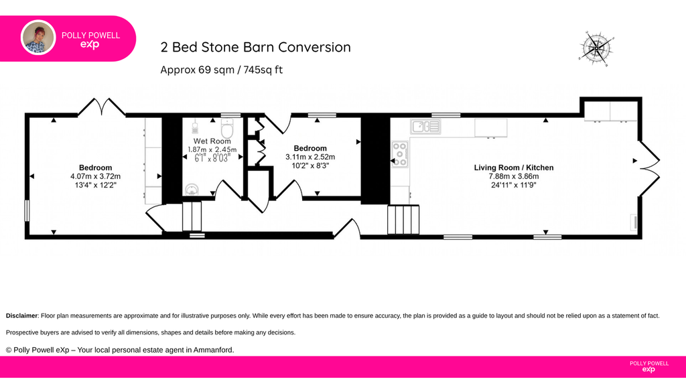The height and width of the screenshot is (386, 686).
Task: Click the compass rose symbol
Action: click(596, 48)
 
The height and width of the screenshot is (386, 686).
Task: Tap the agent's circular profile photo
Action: click(38, 38)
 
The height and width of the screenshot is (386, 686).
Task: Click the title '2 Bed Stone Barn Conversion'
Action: click(255, 48)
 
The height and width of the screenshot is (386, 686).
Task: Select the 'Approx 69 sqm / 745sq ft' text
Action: click(221, 70)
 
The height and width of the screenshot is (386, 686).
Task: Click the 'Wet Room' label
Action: click(212, 141)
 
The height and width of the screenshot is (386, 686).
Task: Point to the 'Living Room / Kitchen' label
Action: click(514, 168)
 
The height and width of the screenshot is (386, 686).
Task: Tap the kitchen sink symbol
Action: click(425, 127)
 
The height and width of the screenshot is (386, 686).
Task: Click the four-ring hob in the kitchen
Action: click(399, 154)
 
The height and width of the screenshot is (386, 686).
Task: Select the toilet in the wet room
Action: click(227, 128)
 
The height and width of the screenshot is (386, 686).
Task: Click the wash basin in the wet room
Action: click(192, 190)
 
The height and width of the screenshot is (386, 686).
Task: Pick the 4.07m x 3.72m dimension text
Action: click(95, 176)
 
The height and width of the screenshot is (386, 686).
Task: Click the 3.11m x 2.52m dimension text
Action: click(310, 157)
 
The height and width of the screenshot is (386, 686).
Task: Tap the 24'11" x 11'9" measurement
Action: click(514, 185)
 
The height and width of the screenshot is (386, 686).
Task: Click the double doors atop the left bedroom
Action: click(102, 107)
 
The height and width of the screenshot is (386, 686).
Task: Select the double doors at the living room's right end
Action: click(650, 168)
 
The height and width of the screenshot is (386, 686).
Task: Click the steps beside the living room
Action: click(403, 220)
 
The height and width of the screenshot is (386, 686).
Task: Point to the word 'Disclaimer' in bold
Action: click(21, 316)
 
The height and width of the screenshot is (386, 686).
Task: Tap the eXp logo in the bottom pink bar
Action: click(648, 370)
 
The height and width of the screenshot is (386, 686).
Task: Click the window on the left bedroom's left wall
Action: click(27, 210)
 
